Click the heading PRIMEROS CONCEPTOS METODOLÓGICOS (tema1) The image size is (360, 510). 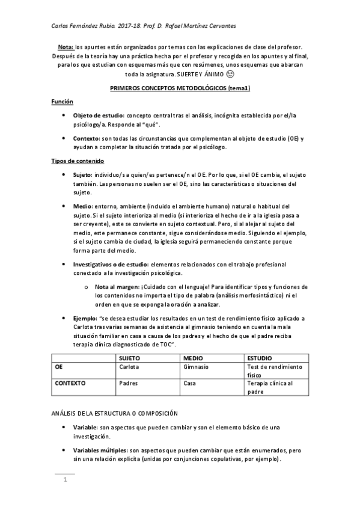click(180, 88)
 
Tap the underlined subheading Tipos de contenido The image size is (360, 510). click(78, 161)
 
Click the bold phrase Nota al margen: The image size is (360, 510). click(116, 287)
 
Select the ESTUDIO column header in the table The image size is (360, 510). click(260, 357)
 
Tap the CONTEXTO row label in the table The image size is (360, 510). click(70, 382)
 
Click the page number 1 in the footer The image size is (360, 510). click(64, 479)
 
